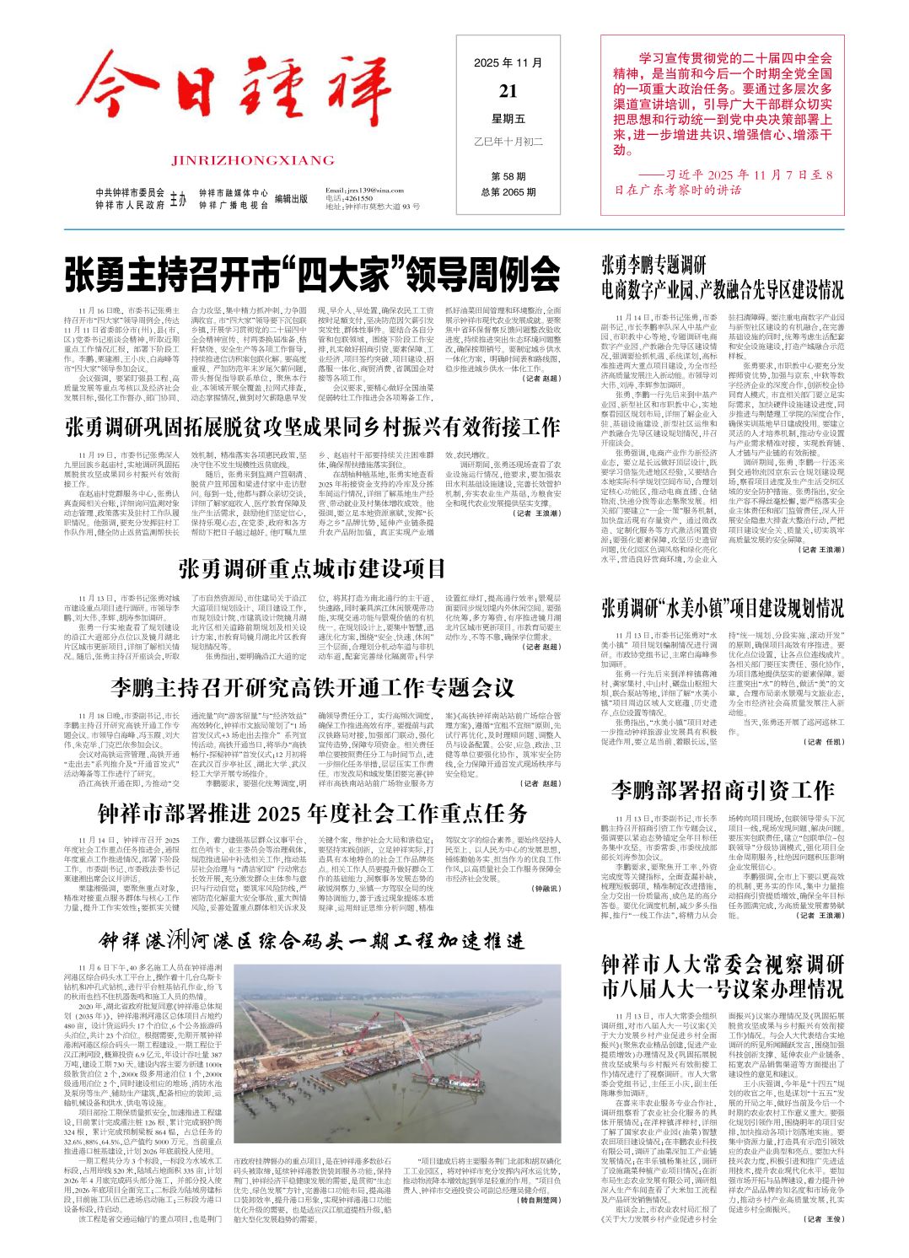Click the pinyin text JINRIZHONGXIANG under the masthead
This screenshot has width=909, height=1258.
click(252, 160)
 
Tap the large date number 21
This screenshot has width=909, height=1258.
click(508, 91)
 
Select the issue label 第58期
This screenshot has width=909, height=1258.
click(508, 176)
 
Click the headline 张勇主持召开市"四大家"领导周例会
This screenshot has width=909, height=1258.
click(313, 274)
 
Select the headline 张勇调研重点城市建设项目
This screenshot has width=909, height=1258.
click(313, 567)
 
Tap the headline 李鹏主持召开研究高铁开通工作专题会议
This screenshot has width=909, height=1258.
click(313, 687)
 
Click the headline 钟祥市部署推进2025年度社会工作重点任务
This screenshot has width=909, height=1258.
click(313, 813)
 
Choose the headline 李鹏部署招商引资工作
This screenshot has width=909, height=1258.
click(723, 790)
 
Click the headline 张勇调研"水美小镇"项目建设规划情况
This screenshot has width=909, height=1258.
click(723, 607)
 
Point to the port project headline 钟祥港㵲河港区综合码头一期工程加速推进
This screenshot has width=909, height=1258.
click(313, 941)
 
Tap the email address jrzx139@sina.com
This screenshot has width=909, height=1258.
click(365, 191)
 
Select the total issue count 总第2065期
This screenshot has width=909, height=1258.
click(508, 192)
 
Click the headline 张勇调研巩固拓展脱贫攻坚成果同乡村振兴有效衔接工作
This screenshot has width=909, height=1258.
click(313, 426)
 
